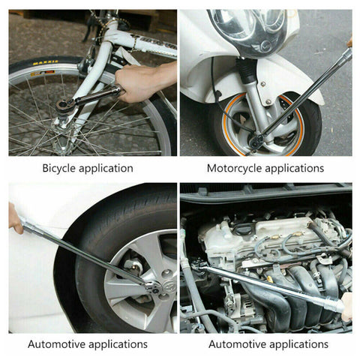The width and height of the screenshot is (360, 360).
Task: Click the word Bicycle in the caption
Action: (59, 168)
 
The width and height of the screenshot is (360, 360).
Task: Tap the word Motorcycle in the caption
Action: (235, 168)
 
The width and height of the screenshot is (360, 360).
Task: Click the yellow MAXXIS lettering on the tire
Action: (45, 62)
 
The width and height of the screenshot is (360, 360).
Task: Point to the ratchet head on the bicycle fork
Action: (65, 105)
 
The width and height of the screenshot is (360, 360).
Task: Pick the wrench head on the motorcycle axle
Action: (256, 142)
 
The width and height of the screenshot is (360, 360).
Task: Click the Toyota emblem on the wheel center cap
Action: (169, 286)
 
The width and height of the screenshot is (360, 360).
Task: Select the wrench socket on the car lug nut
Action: (153, 287)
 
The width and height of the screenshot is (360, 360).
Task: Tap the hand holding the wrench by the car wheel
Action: (15, 219)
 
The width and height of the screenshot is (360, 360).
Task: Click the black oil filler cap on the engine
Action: (243, 229)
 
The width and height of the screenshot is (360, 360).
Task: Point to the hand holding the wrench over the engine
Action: (347, 307)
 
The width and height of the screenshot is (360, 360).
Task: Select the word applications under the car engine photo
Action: (297, 344)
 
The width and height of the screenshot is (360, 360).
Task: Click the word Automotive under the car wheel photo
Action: (57, 344)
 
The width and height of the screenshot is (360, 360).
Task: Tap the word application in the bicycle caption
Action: (106, 169)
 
